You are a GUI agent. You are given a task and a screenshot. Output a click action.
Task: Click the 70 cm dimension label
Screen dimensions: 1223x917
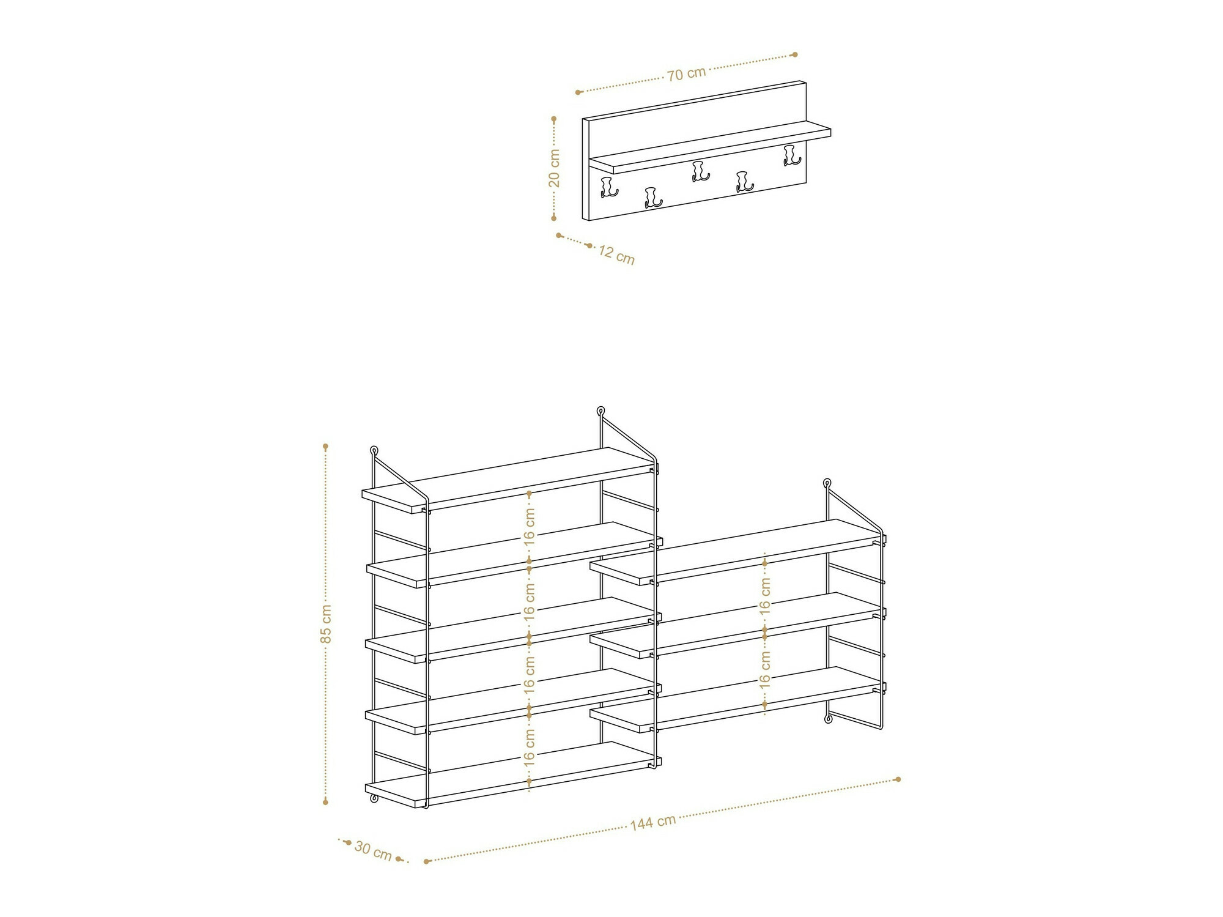click(686, 74)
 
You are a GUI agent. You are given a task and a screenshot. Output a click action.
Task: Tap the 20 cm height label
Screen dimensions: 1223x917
click(554, 168)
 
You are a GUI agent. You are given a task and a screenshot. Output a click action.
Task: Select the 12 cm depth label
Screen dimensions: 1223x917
click(616, 254)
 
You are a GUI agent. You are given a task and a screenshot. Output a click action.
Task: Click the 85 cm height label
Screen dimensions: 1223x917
click(326, 624)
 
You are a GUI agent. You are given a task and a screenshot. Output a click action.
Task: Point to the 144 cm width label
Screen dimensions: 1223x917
click(653, 822)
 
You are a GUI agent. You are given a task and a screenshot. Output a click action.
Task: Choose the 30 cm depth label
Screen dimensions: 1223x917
click(373, 850)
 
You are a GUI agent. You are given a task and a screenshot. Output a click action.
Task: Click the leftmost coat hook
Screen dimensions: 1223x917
click(609, 188)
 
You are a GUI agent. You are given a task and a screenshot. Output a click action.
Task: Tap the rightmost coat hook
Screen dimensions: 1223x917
click(792, 155)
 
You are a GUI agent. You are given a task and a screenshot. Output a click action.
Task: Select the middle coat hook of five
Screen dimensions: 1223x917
click(700, 171)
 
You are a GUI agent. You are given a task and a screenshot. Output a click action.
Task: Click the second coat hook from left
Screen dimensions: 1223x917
click(653, 198)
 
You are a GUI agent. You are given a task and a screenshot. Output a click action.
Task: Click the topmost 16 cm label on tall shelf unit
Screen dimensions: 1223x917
click(530, 527)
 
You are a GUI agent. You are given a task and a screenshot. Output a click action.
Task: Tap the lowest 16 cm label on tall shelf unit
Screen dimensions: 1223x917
click(530, 747)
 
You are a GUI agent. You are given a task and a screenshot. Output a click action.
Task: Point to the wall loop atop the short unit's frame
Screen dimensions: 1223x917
click(827, 483)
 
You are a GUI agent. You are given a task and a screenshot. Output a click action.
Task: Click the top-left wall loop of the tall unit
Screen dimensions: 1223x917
click(374, 451)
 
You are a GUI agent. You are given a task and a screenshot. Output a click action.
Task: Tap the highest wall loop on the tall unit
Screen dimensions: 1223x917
click(600, 411)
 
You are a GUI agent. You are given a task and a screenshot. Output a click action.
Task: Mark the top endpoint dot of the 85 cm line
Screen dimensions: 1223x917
click(326, 447)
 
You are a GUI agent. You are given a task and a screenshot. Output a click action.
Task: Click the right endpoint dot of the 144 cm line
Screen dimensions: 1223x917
click(898, 779)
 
